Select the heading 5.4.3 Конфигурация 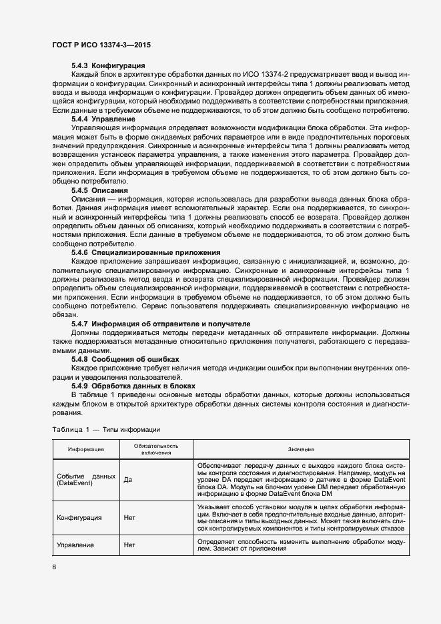pos(108,66)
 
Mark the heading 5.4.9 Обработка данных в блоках pos(133,386)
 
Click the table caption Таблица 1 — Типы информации pos(105,429)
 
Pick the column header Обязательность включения pos(155,449)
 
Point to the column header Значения pos(301,450)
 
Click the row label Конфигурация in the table pos(79,517)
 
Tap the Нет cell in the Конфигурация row pos(129,517)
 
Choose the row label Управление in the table pos(75,545)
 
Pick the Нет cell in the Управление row pos(129,545)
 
